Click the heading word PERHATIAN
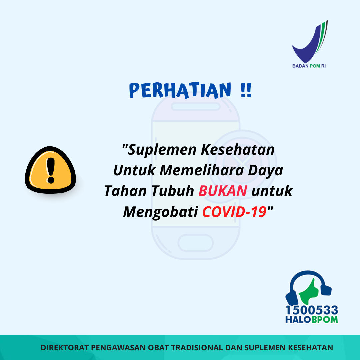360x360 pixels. pyautogui.click(x=180, y=90)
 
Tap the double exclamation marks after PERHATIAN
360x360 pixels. pyautogui.click(x=246, y=90)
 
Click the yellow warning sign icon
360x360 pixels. pyautogui.click(x=50, y=170)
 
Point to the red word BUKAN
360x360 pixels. pyautogui.click(x=223, y=191)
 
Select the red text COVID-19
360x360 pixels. pyautogui.click(x=234, y=212)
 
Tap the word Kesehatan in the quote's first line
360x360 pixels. pyautogui.click(x=238, y=149)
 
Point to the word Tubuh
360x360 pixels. pyautogui.click(x=173, y=191)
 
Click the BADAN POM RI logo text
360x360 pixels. pyautogui.click(x=309, y=66)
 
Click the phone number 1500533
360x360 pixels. pyautogui.click(x=312, y=310)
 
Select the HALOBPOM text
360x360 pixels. pyautogui.click(x=312, y=320)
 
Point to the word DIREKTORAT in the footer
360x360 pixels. pyautogui.click(x=65, y=348)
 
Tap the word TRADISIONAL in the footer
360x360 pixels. pyautogui.click(x=197, y=348)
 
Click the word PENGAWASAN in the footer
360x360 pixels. pyautogui.click(x=118, y=348)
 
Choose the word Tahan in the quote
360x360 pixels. pyautogui.click(x=125, y=191)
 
